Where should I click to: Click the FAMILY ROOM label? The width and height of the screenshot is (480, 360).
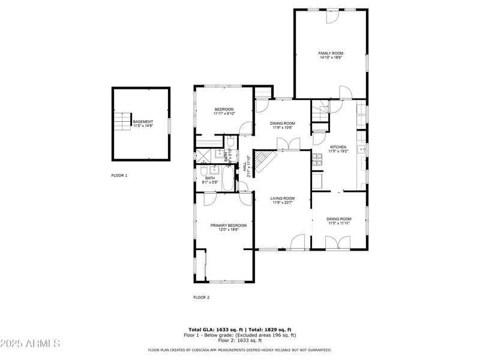330,53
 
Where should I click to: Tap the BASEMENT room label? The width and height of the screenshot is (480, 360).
143,122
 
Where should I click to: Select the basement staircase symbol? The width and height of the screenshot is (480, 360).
123,121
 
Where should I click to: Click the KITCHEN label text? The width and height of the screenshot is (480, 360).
338,147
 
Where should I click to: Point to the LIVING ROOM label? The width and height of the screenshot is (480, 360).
282,198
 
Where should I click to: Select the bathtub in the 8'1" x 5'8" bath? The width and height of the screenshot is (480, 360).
229,179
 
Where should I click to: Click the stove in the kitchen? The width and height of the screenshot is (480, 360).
316,161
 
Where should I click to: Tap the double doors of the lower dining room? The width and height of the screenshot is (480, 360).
337,242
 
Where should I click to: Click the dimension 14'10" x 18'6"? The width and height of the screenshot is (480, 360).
330,58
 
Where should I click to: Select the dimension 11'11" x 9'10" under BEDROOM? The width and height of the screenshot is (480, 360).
224,113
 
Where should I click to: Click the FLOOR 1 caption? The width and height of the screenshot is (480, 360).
119,176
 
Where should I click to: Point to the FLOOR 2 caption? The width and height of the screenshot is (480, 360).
201,297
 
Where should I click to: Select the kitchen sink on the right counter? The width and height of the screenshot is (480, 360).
361,150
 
